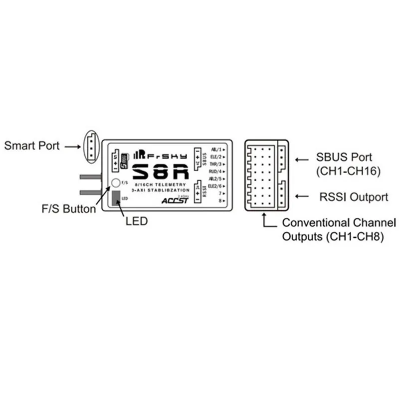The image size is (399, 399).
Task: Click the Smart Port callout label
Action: tap(32, 146)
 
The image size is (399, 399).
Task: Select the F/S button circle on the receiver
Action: tap(115, 183)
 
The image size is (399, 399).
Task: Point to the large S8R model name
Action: tap(161, 172)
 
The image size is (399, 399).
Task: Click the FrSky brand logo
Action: tap(161, 155)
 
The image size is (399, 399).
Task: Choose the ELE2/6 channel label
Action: tap(216, 186)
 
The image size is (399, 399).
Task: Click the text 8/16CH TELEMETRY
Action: tap(160, 185)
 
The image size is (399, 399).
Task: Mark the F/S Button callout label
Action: tap(69, 209)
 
